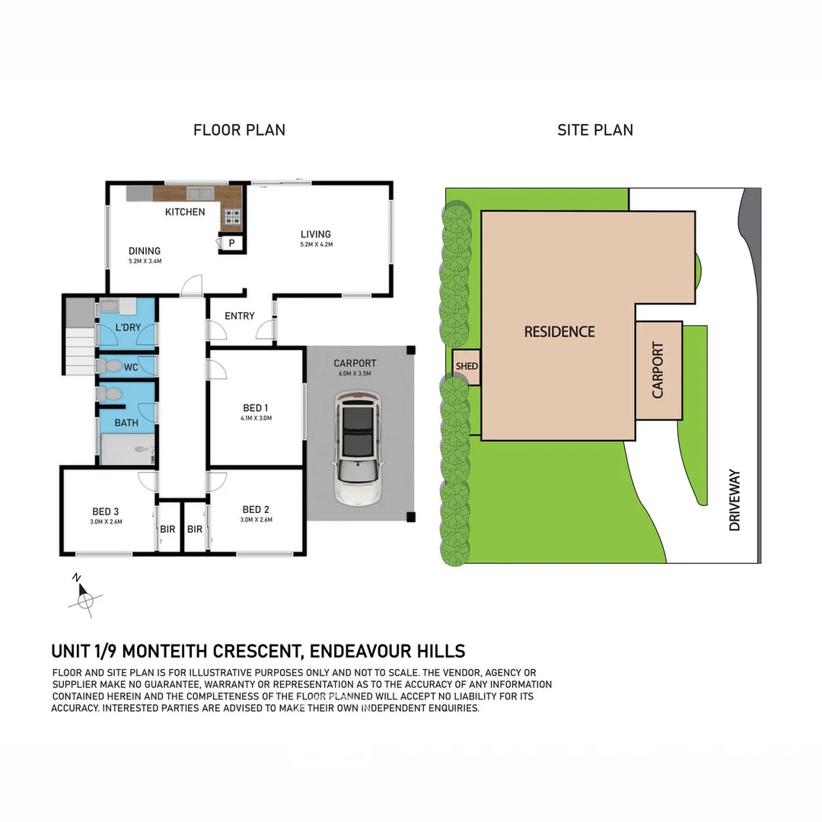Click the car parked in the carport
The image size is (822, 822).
358,449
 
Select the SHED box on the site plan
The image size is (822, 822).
467,366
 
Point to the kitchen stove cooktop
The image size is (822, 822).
232,218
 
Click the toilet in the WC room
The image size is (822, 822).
110,366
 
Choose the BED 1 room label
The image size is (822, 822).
255,408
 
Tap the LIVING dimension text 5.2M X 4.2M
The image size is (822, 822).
315,245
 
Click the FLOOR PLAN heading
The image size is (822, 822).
239,130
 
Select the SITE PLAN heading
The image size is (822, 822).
594,130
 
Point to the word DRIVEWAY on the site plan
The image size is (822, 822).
734,499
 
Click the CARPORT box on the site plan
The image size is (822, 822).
658,371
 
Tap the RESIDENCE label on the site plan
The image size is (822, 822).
559,332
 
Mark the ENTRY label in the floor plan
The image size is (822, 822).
240,316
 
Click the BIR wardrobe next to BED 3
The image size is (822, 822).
168,528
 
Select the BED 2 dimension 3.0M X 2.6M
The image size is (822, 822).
256,520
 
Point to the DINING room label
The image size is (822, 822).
144,251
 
